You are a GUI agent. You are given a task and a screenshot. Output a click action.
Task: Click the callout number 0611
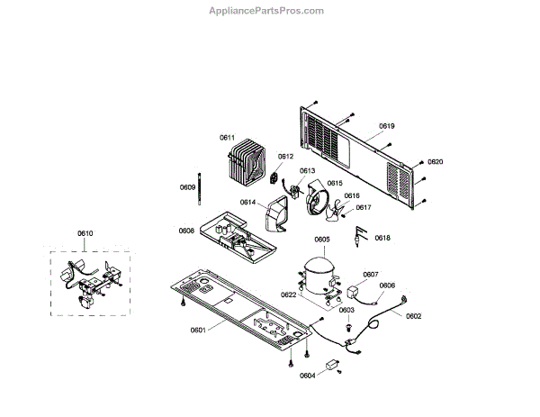227,137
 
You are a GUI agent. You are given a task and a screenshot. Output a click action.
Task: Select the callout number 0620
436,162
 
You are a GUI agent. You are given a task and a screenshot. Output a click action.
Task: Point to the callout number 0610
85,234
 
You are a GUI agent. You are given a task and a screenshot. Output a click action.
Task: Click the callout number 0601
198,330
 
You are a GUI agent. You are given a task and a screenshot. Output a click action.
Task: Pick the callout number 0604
308,376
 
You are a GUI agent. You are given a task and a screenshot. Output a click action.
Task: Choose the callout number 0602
414,315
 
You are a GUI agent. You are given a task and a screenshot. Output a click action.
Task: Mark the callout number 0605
321,240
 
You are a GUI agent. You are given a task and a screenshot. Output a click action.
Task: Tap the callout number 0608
186,231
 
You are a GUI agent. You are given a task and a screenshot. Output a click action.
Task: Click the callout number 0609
187,187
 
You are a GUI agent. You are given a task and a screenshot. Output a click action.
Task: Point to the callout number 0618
382,238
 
